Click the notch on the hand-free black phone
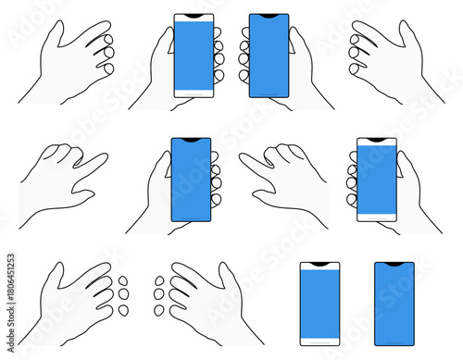pyautogui.click(x=394, y=265)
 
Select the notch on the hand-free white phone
pyautogui.click(x=319, y=266)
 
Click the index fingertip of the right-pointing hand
pyautogui.click(x=101, y=159)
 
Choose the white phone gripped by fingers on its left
pyautogui.click(x=376, y=180)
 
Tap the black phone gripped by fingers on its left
pyautogui.click(x=269, y=56)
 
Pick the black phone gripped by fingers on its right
pyautogui.click(x=191, y=180)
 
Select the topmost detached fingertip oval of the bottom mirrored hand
pyautogui.click(x=158, y=280)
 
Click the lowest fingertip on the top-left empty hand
pyautogui.click(x=108, y=68)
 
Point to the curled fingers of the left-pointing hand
pyautogui.click(x=287, y=152)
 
